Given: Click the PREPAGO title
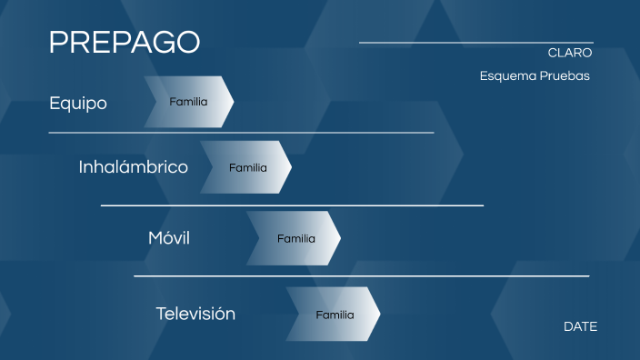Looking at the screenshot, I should tap(125, 42).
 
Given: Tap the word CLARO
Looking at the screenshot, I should tap(570, 53).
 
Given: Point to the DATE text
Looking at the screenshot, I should tap(580, 326).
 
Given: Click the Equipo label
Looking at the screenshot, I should tap(78, 103).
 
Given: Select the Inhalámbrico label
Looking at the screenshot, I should tap(134, 167).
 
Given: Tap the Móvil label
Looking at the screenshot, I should tap(169, 238).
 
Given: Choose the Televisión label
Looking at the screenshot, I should tap(195, 314).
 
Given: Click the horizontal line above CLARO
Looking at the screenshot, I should tap(475, 43).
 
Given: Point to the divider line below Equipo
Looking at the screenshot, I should tap(241, 133).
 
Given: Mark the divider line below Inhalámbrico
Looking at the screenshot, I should tap(292, 205).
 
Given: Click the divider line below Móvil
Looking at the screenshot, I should tap(361, 275).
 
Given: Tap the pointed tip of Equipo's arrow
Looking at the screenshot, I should tap(232, 102).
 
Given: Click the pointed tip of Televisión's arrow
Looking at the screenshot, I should tap(378, 315).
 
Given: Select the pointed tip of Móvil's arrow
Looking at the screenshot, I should tap(339, 238).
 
